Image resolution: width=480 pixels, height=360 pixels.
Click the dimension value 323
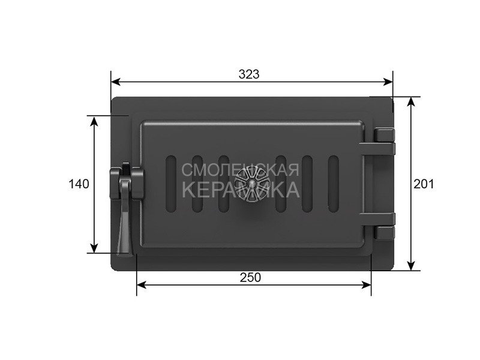(x=249, y=74)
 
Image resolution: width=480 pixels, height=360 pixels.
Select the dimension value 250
(x=250, y=277)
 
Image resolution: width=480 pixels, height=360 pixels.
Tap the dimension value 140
(x=79, y=184)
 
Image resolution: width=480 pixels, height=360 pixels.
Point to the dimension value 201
(x=424, y=184)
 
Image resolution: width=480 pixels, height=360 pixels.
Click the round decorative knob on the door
(x=251, y=184)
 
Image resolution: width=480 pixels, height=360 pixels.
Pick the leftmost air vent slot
(x=171, y=184)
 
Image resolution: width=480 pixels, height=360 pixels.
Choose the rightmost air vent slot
(x=334, y=184)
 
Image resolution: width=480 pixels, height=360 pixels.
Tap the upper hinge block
(x=385, y=134)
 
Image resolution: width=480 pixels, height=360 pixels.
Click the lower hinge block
(x=385, y=233)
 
